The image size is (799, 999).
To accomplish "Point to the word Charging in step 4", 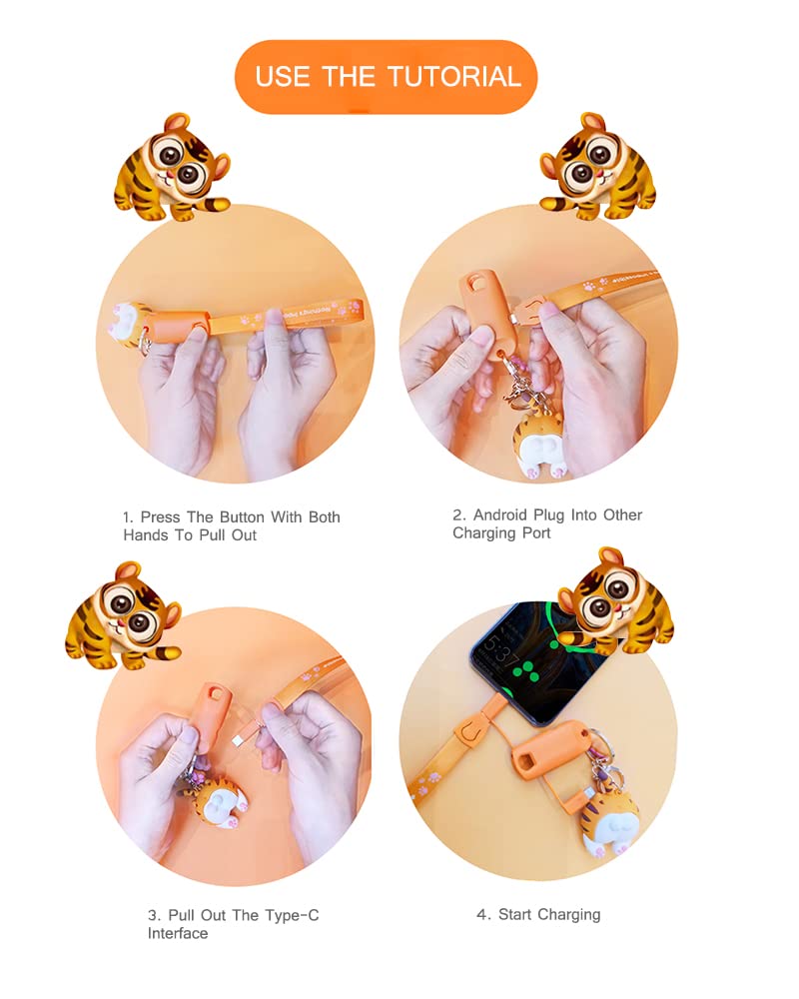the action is click(568, 915).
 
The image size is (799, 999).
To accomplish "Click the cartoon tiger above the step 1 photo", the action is click(172, 167).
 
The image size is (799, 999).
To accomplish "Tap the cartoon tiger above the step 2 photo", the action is click(597, 167).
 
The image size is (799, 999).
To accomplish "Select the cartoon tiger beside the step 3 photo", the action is click(124, 615).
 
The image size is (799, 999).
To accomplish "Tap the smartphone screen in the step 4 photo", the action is click(535, 662).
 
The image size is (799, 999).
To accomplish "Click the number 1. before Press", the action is click(129, 517).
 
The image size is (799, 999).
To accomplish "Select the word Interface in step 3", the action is click(178, 933).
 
